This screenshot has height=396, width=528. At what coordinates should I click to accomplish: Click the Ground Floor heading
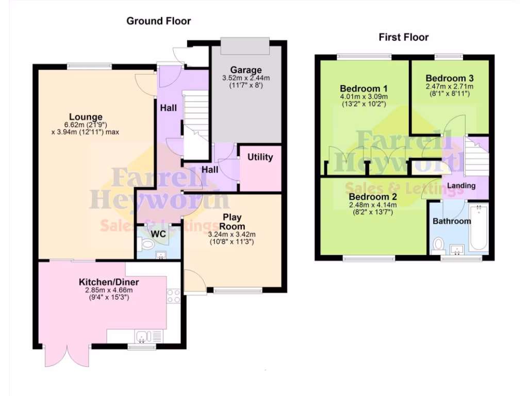[159, 21]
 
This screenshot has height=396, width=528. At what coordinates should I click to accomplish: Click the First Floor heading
[404, 37]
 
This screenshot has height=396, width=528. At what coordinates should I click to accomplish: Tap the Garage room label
[246, 70]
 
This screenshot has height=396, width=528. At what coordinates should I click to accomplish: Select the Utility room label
[260, 157]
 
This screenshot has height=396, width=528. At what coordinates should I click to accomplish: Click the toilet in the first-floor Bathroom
[439, 244]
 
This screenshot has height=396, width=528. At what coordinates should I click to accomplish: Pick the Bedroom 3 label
[449, 78]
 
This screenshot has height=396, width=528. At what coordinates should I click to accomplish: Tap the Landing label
[460, 186]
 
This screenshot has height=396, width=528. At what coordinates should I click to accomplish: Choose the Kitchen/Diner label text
[109, 283]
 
